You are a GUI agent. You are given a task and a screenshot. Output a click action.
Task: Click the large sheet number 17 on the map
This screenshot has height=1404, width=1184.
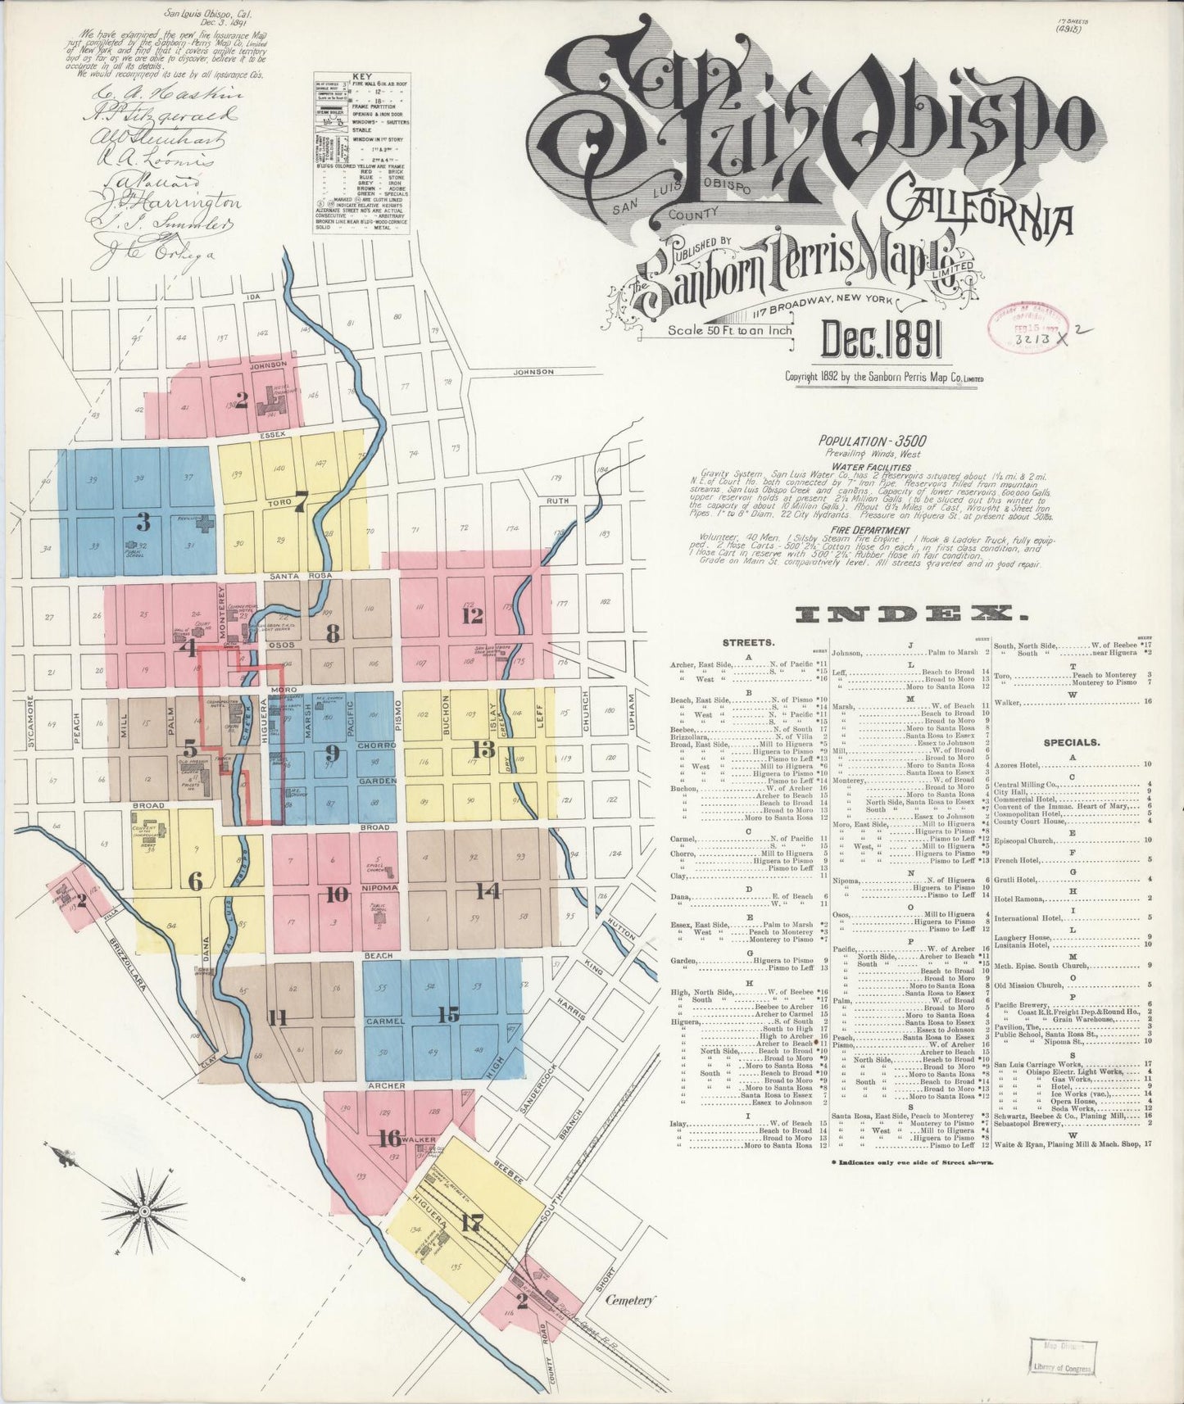coord(471,1224)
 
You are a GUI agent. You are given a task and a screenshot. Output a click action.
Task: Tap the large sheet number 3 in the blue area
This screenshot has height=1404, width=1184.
coord(143,522)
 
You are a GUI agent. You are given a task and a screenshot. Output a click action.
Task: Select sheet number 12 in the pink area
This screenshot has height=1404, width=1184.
coord(472,616)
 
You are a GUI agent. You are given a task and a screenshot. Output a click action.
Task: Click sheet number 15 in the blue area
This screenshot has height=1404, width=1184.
coord(448,1014)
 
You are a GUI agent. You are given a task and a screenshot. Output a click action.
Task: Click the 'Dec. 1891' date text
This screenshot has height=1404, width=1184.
coord(882,342)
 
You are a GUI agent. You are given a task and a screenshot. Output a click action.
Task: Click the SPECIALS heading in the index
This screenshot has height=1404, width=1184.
coord(1071,742)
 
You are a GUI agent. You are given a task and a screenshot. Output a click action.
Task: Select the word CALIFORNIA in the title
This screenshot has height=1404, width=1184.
coord(983,215)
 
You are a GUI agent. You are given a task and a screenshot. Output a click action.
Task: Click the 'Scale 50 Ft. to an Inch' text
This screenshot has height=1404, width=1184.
coord(730,331)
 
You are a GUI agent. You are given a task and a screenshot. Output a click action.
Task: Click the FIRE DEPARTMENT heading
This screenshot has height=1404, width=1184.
coord(861,531)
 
